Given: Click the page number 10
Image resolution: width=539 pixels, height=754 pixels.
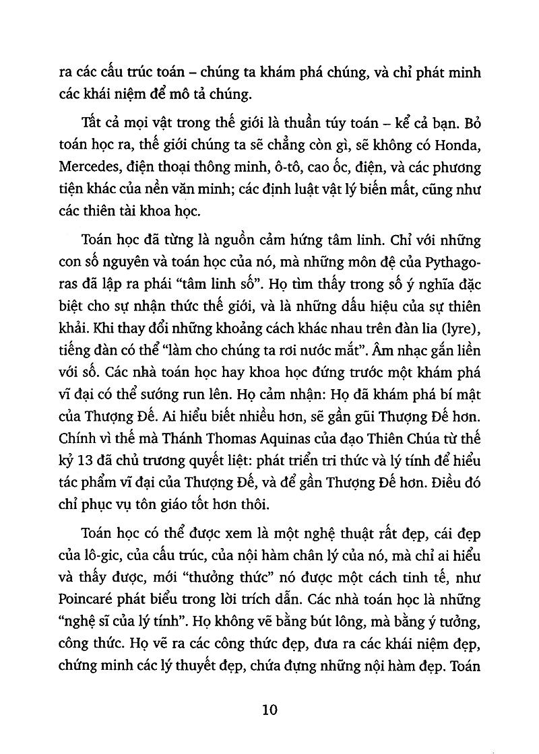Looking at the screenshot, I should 269,711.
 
